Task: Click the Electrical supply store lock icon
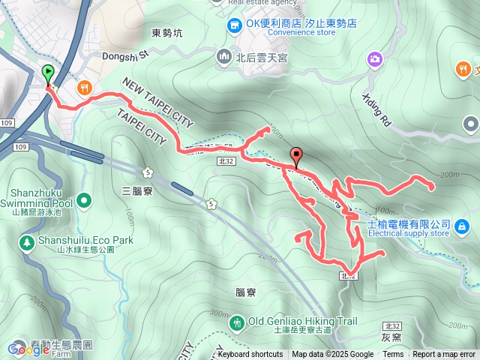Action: coord(461,225)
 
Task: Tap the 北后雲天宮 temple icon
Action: coord(223,56)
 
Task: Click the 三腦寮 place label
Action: coord(136,191)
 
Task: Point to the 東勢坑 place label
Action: coord(166,33)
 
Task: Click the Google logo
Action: coord(28,349)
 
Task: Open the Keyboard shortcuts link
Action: coord(250,355)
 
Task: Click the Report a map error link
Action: coord(445,355)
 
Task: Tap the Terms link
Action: coord(393,355)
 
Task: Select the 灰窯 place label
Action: coord(391,337)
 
